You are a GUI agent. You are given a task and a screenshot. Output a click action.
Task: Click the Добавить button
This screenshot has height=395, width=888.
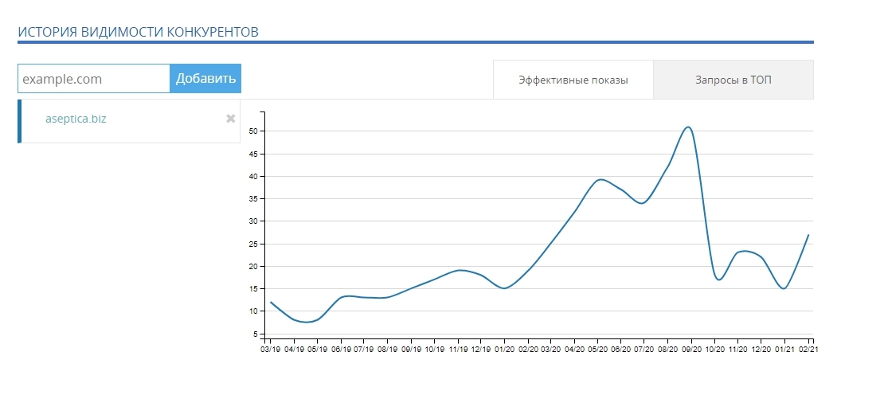point(205,78)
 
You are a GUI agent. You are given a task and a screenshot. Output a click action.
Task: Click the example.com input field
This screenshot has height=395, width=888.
point(94,79)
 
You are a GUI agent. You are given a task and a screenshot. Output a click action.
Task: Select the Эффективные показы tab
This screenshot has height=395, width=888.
point(573,80)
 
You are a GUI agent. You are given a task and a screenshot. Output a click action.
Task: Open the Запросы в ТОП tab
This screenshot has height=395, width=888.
point(733,80)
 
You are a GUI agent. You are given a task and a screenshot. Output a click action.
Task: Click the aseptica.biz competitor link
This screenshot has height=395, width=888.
point(76,119)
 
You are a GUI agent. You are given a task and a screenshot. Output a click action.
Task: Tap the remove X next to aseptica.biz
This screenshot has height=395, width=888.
point(231,119)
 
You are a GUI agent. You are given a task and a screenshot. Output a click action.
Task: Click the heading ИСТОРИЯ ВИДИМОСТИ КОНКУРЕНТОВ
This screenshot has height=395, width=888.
point(139,32)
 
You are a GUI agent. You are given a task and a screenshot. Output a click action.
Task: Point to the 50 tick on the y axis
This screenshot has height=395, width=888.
point(255,131)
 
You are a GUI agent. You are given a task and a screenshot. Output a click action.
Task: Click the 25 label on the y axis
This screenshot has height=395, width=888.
point(255,244)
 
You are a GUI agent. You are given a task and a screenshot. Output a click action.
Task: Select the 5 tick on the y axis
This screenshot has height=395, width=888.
point(256,334)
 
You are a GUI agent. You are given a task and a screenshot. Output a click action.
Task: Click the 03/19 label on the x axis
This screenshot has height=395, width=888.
point(271,349)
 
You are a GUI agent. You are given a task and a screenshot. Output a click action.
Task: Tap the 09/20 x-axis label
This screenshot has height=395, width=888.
point(692,349)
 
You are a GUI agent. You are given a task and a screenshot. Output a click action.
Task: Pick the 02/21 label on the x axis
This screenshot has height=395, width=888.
point(808,349)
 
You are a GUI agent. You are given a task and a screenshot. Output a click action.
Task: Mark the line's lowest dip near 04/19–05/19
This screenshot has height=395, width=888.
point(307,323)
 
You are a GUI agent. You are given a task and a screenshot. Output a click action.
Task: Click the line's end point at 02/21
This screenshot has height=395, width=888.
point(808,235)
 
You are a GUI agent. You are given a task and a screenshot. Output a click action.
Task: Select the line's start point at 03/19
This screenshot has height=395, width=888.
point(271,302)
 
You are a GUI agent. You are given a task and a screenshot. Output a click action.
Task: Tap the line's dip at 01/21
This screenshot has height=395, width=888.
point(784,288)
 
